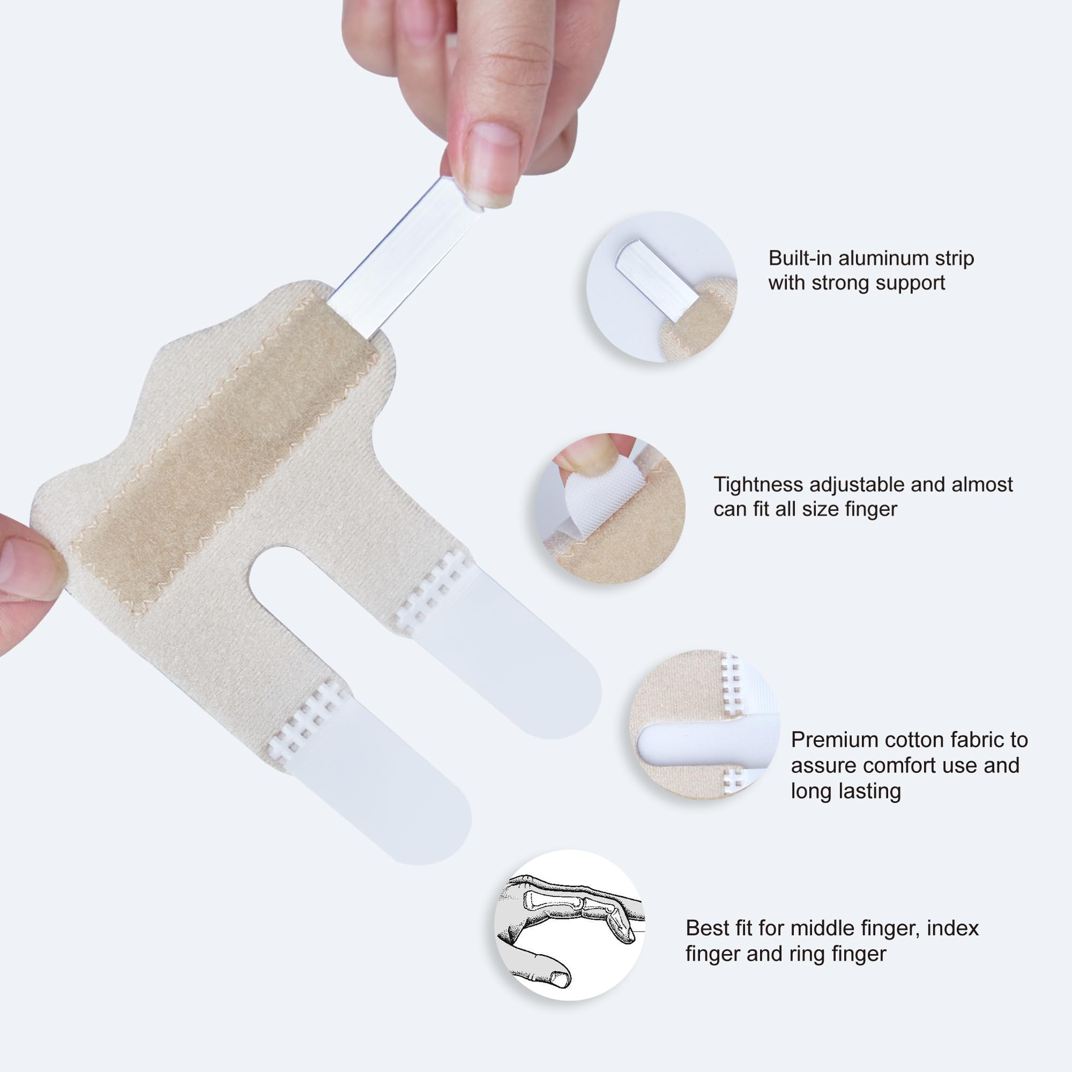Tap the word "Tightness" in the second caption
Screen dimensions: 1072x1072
(758, 485)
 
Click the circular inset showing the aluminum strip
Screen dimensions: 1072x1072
(661, 286)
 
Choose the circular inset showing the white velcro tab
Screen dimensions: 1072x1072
(611, 508)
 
